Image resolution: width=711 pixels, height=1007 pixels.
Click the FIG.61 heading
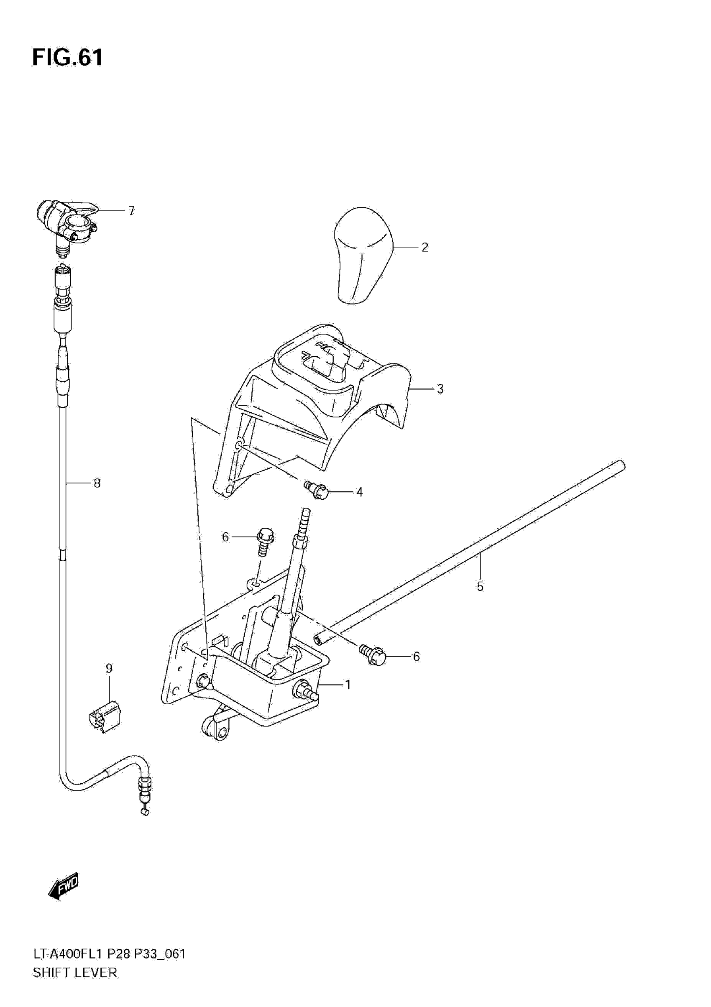pyautogui.click(x=68, y=57)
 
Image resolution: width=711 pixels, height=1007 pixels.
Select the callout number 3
pyautogui.click(x=440, y=389)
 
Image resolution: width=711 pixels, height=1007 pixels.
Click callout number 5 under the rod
pyautogui.click(x=480, y=586)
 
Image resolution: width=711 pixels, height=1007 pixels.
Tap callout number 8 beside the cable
pyautogui.click(x=97, y=483)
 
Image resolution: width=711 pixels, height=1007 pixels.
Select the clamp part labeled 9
pyautogui.click(x=105, y=717)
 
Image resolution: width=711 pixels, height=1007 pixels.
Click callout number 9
pyautogui.click(x=109, y=668)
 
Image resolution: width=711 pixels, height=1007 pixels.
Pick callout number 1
pyautogui.click(x=348, y=685)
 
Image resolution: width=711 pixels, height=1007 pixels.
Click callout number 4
pyautogui.click(x=359, y=492)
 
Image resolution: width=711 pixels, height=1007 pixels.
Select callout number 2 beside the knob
pyautogui.click(x=424, y=248)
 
